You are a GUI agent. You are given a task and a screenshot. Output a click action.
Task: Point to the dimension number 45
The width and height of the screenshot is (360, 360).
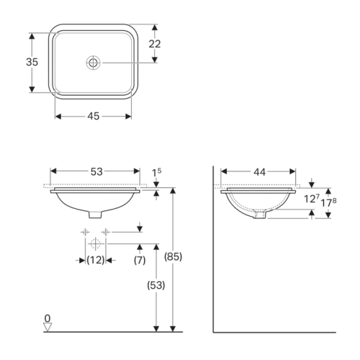tap(94, 115)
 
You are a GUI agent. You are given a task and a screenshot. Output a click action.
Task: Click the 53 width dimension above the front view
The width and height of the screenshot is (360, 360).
tap(96, 171)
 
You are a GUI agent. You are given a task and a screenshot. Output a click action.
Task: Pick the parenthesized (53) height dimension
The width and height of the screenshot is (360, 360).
tap(156, 285)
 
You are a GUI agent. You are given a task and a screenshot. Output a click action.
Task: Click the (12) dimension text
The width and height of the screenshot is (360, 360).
tap(95, 259)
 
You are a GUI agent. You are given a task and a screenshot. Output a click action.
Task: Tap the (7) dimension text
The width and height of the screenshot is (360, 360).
tap(140, 259)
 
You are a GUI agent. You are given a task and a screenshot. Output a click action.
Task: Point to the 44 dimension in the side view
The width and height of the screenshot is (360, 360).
tap(259, 171)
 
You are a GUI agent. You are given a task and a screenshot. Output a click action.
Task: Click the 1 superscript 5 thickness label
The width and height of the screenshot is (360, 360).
tap(156, 172)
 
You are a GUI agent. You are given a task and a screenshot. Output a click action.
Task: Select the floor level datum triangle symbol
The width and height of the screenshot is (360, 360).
tap(48, 327)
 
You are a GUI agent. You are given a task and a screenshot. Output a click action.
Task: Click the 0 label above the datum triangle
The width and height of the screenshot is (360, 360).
tap(48, 318)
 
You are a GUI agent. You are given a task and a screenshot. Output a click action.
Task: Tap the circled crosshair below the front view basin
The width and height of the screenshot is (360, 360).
tap(95, 243)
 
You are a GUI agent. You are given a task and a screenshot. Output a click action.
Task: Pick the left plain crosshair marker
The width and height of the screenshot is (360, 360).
tap(84, 232)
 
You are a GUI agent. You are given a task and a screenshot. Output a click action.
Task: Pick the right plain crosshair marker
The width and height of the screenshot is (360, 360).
tap(106, 232)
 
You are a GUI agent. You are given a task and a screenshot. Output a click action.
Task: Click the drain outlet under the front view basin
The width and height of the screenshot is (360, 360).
tap(95, 213)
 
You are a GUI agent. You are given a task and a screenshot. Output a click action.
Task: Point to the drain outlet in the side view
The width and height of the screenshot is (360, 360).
tap(260, 214)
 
